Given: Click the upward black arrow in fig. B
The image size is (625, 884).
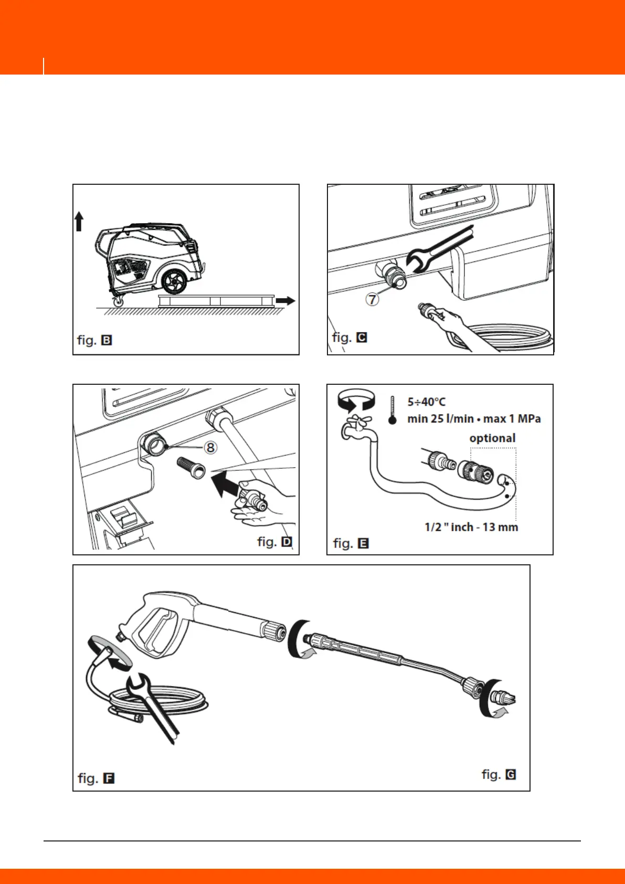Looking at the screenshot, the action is click(79, 221).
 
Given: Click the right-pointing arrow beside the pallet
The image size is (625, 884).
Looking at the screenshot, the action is click(285, 301).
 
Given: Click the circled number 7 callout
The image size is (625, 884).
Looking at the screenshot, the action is click(372, 300).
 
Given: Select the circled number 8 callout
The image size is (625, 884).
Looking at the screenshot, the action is click(210, 447).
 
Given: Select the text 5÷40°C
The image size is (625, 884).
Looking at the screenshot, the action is click(426, 402).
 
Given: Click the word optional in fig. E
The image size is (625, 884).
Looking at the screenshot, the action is click(492, 438).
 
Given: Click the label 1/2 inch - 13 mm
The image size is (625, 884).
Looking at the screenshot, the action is click(471, 527).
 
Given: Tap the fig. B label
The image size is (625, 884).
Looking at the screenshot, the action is click(94, 340).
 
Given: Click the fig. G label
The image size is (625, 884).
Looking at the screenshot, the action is click(499, 774).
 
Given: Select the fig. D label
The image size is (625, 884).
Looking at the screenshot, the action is click(274, 542).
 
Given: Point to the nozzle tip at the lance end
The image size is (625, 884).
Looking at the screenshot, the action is click(504, 699).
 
